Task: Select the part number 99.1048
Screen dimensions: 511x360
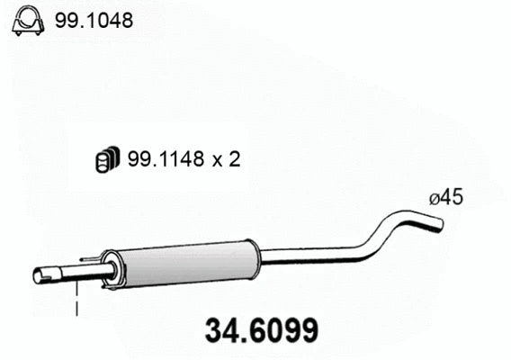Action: click(x=94, y=20)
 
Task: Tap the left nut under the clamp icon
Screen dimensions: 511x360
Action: click(x=18, y=32)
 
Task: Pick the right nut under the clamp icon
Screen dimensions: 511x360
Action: click(x=38, y=32)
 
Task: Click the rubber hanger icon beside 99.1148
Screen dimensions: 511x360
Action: click(x=108, y=159)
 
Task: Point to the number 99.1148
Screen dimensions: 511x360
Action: click(x=166, y=159)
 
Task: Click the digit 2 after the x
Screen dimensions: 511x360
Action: click(x=234, y=159)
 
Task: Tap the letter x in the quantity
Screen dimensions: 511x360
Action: click(x=218, y=161)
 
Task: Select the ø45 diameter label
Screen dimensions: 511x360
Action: click(x=446, y=197)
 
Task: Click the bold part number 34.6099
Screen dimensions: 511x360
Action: click(x=262, y=330)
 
